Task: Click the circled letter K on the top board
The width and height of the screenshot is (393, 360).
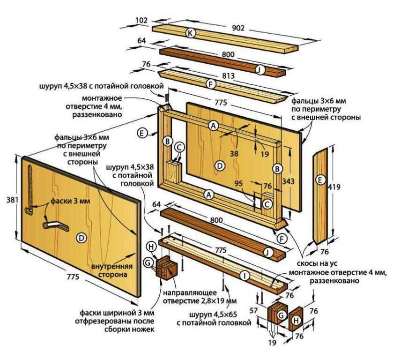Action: coord(190,33)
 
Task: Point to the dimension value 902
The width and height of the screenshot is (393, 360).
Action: coord(238,28)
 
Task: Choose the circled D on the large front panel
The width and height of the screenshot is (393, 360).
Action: coord(81,238)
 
